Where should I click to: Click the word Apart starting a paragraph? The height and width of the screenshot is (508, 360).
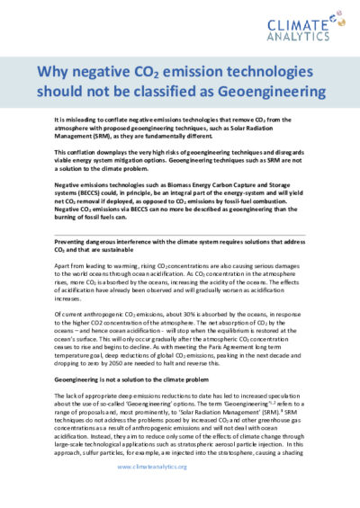point(62,267)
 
